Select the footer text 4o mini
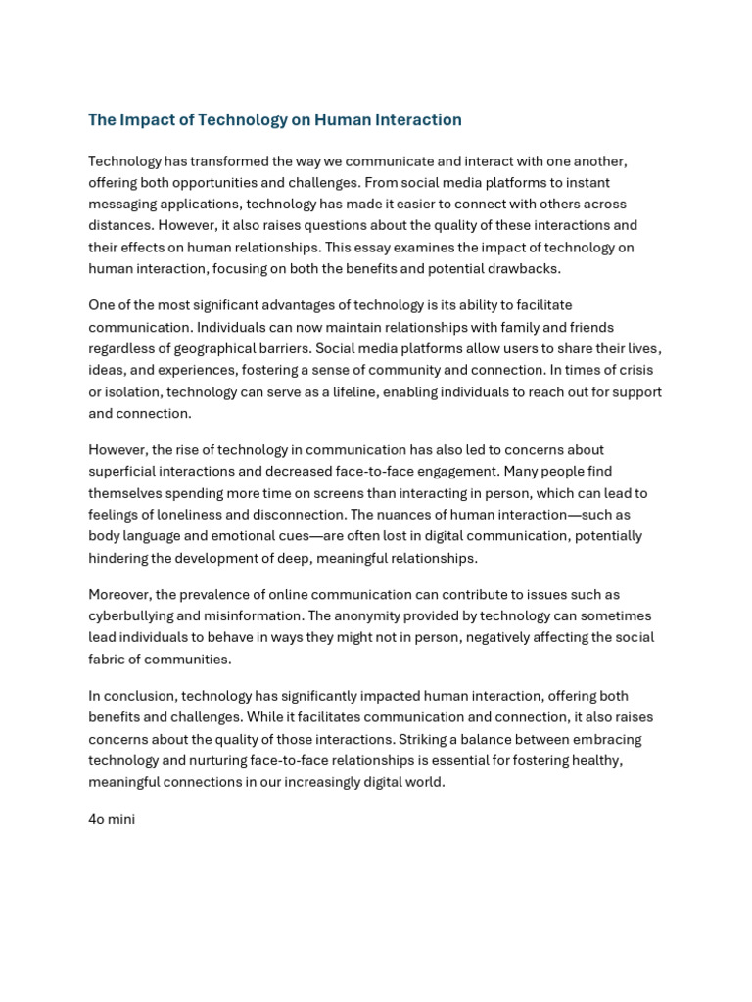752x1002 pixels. [x=112, y=819]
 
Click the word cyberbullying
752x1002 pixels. [x=131, y=615]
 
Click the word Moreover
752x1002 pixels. [x=120, y=594]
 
